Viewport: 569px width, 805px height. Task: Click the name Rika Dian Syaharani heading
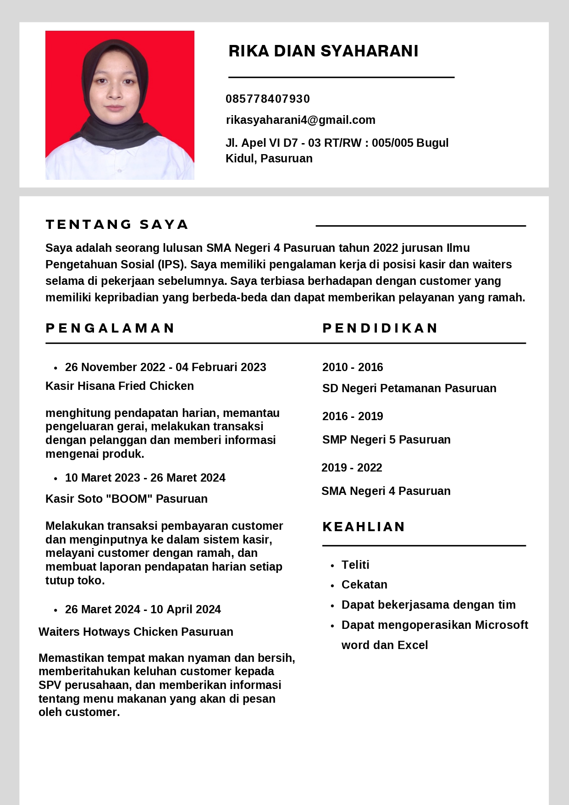(x=323, y=51)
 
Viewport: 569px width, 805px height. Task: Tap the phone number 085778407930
(x=268, y=99)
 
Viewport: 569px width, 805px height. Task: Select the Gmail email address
(x=300, y=120)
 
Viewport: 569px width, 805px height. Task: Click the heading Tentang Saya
(x=117, y=224)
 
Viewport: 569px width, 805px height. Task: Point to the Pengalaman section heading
(x=110, y=328)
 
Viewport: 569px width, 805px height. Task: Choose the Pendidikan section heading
(x=380, y=328)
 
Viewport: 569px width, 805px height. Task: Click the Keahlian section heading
(x=364, y=527)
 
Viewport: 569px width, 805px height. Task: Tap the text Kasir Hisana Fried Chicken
(x=119, y=386)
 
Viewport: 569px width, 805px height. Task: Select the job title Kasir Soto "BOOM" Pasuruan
(x=126, y=499)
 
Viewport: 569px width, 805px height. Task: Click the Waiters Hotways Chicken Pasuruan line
(x=136, y=632)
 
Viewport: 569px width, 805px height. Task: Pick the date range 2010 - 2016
(x=353, y=367)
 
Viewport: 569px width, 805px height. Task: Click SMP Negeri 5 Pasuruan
(x=386, y=439)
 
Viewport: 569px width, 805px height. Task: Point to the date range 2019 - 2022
(x=352, y=467)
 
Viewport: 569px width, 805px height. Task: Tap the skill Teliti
(x=355, y=565)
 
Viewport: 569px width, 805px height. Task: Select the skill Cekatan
(x=364, y=584)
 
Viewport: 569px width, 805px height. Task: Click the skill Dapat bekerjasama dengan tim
(x=428, y=605)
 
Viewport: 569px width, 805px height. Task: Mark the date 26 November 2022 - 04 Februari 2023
(x=166, y=367)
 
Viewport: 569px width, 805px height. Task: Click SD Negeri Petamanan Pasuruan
(x=409, y=388)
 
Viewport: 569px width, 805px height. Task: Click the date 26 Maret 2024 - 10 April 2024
(x=143, y=609)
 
